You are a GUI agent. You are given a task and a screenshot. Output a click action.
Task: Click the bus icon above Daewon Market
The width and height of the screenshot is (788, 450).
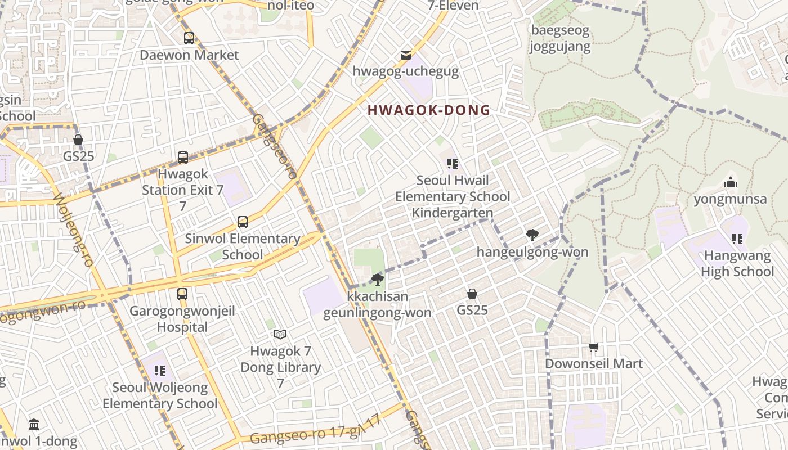coord(189,38)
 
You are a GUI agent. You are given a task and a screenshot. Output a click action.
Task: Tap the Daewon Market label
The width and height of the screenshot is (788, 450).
coord(189,55)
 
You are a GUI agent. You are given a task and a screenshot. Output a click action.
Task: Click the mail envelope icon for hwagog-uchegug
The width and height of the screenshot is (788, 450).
coord(405,55)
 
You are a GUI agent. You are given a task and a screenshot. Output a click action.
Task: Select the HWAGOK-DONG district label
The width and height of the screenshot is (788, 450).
coord(429,110)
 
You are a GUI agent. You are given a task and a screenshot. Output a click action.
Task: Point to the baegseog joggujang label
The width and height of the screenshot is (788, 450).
coord(560,38)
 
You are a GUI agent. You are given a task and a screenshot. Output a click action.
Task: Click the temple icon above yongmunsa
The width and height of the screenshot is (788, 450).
coord(731,182)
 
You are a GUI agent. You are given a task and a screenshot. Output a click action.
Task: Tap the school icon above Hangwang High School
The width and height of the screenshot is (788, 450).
coord(737,239)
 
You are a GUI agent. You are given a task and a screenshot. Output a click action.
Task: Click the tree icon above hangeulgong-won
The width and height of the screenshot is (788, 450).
coord(532,235)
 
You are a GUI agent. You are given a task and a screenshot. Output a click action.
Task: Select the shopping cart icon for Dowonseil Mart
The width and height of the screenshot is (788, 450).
coord(594,347)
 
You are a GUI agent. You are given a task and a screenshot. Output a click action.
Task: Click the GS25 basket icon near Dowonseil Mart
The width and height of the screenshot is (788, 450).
coord(472,294)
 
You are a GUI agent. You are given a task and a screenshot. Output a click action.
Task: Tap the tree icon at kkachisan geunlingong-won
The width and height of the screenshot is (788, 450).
coord(377,279)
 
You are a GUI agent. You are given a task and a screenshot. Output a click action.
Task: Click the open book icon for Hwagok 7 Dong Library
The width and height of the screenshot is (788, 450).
coord(280,335)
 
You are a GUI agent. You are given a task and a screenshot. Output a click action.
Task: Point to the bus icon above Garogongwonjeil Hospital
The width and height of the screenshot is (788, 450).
coord(182,294)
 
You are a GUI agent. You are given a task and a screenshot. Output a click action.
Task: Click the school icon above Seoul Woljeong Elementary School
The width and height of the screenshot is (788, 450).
coord(159,371)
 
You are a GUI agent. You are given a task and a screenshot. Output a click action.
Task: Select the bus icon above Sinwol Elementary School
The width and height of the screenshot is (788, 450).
coord(243,222)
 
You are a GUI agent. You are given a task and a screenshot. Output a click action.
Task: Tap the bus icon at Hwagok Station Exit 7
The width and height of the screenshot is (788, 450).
coord(182,157)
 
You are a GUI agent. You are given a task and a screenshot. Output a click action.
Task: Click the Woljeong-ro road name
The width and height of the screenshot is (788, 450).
coord(74,230)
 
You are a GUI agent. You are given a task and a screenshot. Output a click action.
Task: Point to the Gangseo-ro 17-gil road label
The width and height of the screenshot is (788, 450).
coord(315,431)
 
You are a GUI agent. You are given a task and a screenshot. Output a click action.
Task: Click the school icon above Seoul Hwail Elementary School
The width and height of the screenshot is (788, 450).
coord(452,164)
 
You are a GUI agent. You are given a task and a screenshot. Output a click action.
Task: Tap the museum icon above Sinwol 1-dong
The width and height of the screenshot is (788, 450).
coord(34,424)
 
